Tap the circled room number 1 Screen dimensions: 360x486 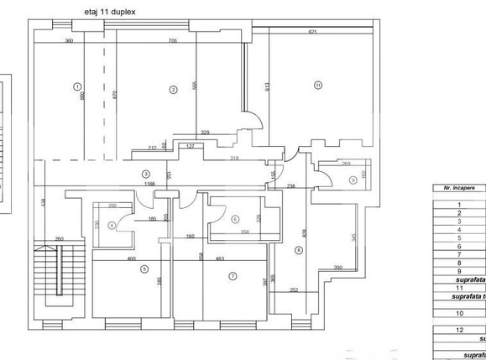click(x=76, y=86)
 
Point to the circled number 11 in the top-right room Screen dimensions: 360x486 click(x=318, y=84)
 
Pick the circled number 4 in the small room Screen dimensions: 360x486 click(x=112, y=225)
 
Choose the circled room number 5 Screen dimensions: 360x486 click(x=144, y=269)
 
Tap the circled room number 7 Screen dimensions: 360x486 click(x=234, y=274)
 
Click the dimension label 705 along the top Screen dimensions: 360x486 click(x=172, y=40)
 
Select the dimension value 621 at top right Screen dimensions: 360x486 click(x=312, y=32)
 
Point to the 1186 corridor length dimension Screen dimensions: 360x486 click(x=149, y=183)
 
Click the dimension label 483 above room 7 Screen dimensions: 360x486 click(x=219, y=258)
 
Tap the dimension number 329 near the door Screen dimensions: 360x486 click(x=205, y=132)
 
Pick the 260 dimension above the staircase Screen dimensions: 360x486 click(x=60, y=238)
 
